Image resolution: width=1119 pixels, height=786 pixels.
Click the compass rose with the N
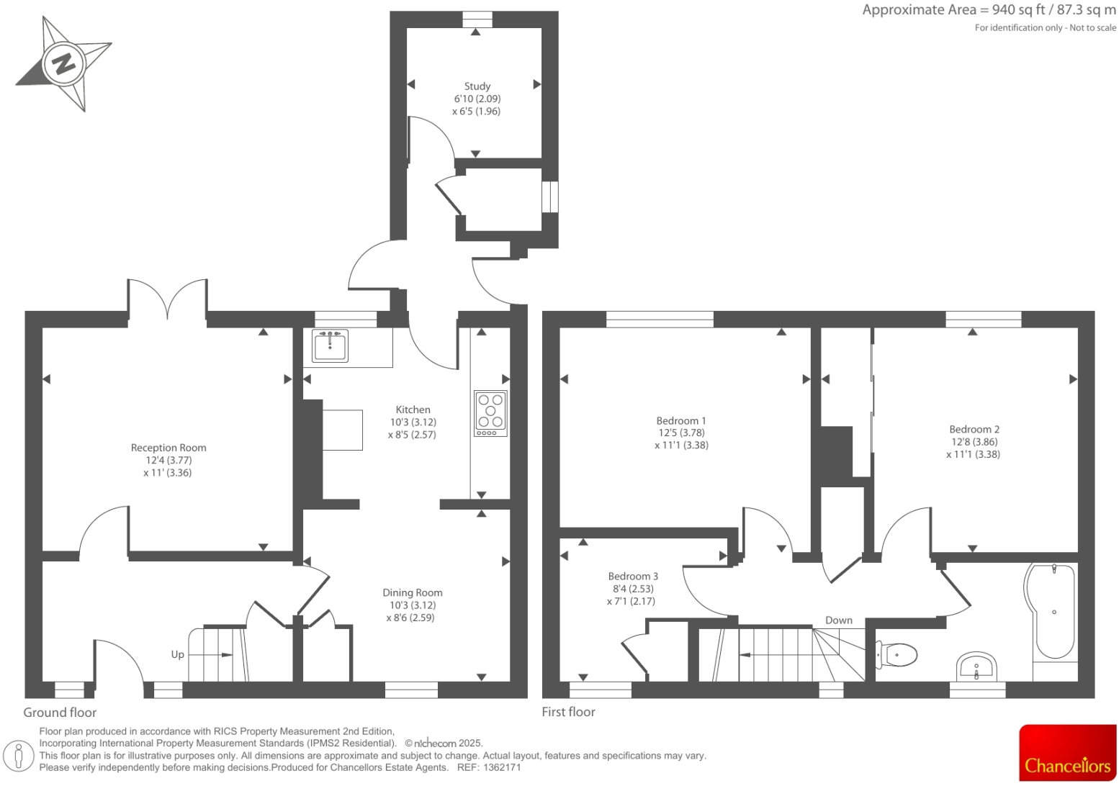coord(63,64)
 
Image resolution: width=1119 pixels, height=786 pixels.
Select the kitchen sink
coord(331,345)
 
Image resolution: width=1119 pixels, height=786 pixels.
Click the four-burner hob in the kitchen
coord(490,413)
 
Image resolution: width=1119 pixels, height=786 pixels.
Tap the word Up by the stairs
coord(177,654)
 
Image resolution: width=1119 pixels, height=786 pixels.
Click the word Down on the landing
coord(838,620)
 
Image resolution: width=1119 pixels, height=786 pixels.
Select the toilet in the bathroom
coord(896,655)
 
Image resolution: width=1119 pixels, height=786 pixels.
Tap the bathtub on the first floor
coord(1053,612)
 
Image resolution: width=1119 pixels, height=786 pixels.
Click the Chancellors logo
coord(1067,752)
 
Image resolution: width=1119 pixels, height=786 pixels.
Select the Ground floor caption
coord(60,713)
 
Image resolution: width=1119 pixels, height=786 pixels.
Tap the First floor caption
coord(568,712)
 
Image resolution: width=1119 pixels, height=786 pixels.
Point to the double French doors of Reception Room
coord(168,299)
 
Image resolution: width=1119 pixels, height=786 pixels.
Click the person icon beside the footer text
coord(19,756)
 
